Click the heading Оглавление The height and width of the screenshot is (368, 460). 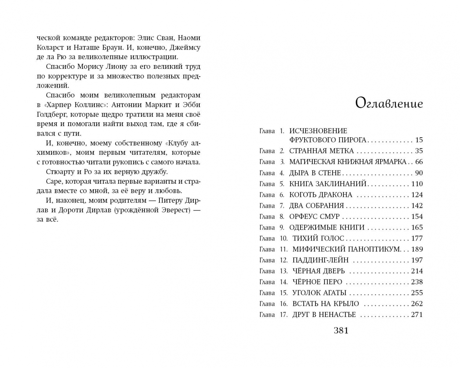[389, 103]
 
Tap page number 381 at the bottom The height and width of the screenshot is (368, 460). [341, 330]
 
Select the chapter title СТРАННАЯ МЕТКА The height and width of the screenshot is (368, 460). [322, 151]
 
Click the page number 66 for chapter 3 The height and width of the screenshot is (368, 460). [419, 162]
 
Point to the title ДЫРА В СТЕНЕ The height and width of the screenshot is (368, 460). [315, 173]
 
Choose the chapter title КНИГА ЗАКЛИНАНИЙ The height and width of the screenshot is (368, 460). [327, 184]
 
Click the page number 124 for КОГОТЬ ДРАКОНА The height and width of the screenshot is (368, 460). [417, 195]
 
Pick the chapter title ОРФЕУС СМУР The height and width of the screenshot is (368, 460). [314, 216]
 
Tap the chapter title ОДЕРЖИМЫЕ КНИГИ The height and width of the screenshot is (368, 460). [327, 227]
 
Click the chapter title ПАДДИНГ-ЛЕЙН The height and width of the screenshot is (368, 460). [320, 260]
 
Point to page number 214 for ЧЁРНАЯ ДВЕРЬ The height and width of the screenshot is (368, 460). [417, 271]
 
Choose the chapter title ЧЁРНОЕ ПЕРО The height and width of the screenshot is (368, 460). [317, 282]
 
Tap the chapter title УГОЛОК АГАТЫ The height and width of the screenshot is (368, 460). [319, 293]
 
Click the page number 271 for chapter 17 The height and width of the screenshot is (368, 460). [417, 315]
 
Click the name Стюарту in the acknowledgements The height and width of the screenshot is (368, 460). [59, 172]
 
